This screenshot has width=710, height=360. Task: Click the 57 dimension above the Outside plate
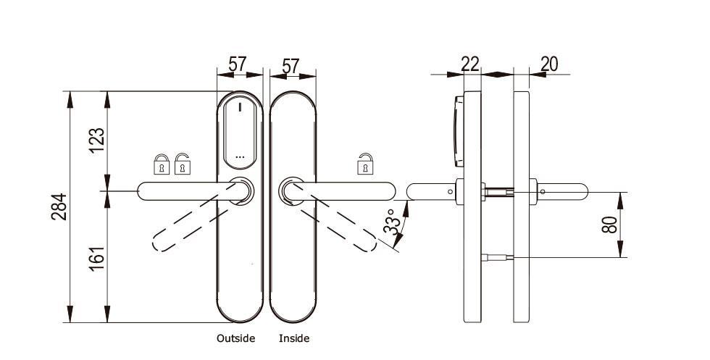tap(238, 64)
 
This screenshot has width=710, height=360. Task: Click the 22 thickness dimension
tap(470, 64)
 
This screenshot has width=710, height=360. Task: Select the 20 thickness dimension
tap(549, 64)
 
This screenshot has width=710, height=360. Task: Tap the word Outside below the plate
tap(235, 338)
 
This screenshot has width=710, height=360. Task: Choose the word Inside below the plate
tap(294, 338)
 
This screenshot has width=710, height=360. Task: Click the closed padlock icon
tap(161, 165)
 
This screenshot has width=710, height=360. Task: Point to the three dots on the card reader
tap(241, 156)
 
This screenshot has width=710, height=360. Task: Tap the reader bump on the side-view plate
tap(456, 129)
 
